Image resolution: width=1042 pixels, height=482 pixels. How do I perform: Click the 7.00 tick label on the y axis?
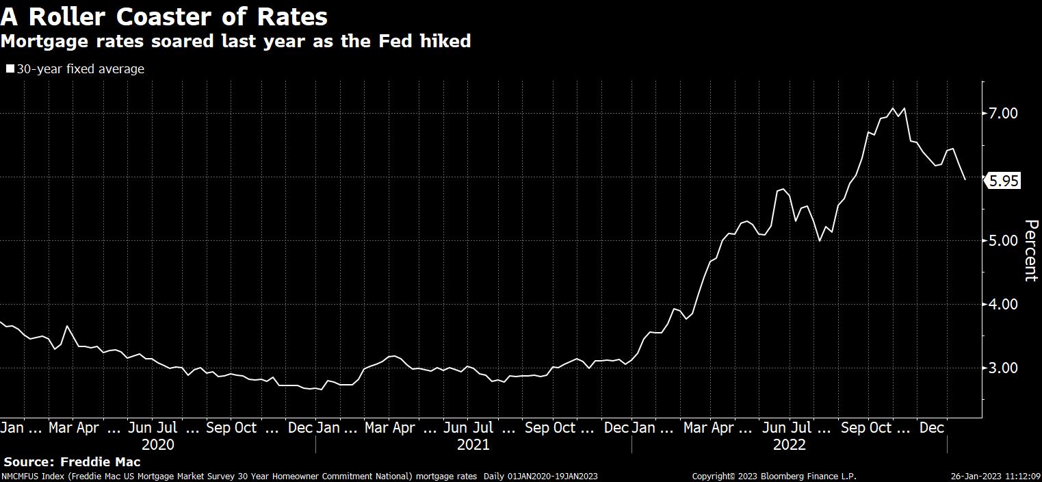[1003, 113]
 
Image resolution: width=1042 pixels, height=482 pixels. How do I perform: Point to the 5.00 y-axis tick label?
[1003, 240]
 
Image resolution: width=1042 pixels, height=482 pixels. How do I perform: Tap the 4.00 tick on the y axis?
[1003, 304]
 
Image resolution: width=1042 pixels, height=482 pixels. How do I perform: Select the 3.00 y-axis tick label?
[1003, 368]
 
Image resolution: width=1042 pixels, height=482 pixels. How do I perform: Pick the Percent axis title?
[1030, 251]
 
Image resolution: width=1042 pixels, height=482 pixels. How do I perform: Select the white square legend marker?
[10, 68]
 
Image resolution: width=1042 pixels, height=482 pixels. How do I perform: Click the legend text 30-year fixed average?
[80, 68]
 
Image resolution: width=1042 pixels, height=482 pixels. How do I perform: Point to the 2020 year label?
[158, 444]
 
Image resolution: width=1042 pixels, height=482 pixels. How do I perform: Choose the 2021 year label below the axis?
[473, 444]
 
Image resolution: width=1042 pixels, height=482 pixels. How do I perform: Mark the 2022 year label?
[790, 444]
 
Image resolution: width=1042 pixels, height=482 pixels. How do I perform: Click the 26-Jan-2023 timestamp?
[976, 476]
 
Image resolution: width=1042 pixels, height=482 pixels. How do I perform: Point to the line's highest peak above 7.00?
[892, 108]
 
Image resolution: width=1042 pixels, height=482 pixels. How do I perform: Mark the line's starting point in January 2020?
[1, 322]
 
